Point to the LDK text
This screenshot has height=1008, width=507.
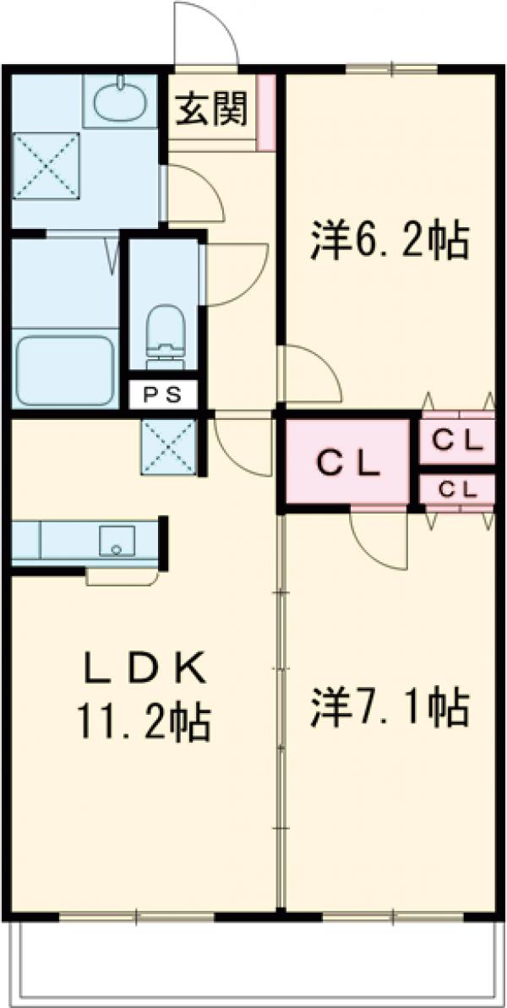pos(144,672)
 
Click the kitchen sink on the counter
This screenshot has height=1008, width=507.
pos(117,541)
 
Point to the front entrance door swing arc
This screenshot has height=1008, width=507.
pos(205,34)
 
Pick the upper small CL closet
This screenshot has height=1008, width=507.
pos(457,439)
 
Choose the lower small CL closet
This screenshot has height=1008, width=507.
pos(457,489)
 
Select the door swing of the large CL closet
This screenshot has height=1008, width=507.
pos(379,541)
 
